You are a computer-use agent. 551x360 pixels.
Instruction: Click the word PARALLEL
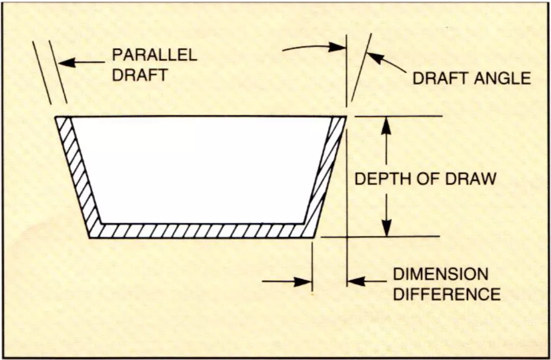[x=155, y=55]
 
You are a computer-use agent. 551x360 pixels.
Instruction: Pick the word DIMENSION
[x=441, y=274]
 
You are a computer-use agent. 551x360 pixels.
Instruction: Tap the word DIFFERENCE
[x=446, y=293]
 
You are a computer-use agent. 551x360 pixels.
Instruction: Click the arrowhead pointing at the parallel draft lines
[x=65, y=63]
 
